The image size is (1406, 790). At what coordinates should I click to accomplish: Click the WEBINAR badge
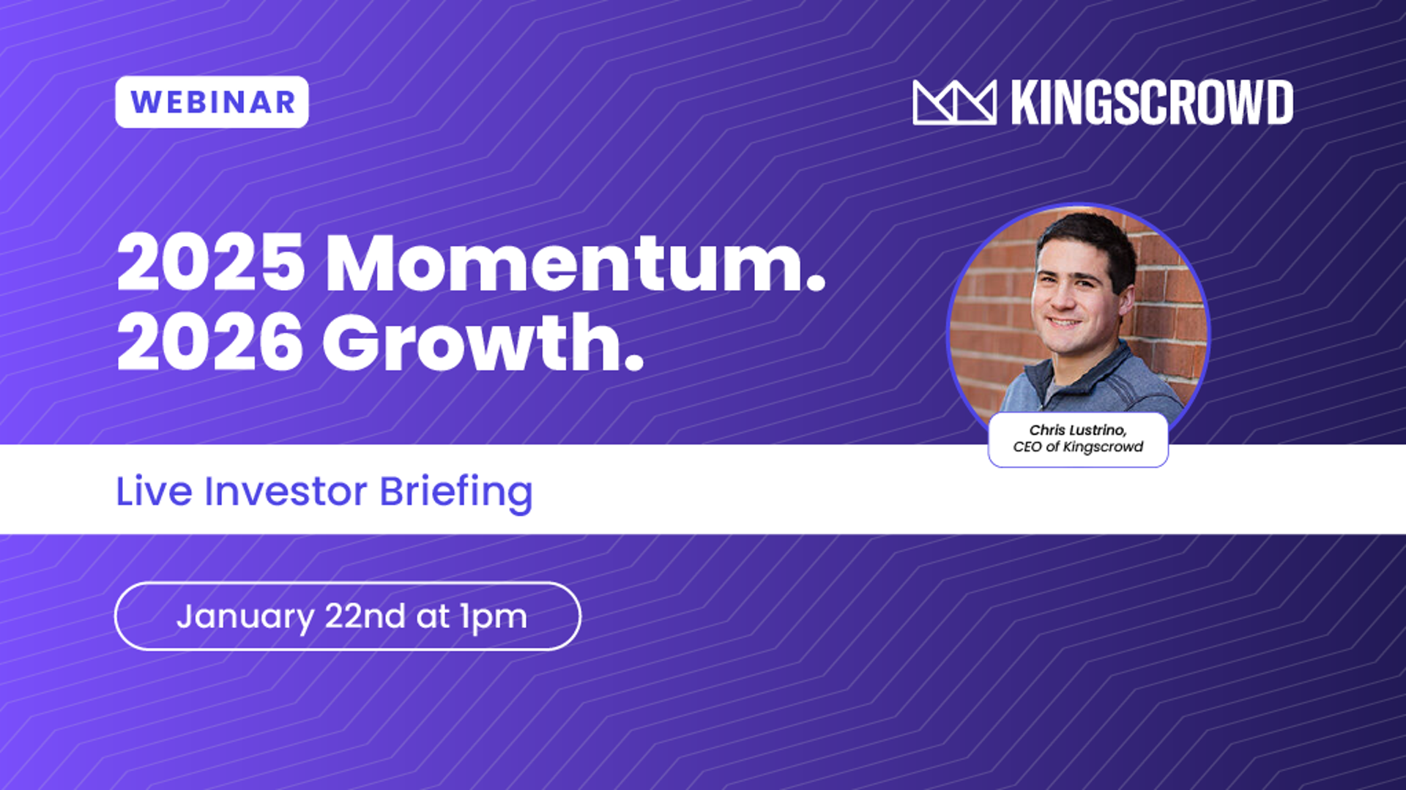pos(212,102)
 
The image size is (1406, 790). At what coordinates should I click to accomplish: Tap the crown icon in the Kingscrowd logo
pos(954,103)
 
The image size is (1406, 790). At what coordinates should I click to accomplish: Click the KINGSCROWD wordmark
pos(1152,103)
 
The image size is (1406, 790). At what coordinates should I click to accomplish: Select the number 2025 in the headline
pos(211,263)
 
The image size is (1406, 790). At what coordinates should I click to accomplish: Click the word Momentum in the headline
pos(565,263)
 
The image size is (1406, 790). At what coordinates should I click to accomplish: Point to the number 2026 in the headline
pos(210,342)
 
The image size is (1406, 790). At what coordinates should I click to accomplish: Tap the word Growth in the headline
pos(472,342)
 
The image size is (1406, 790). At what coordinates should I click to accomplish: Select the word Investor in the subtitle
pos(286,491)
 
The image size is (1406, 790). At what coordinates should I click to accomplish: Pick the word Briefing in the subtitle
pos(456,493)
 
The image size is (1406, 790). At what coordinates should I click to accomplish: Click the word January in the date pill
pos(245,617)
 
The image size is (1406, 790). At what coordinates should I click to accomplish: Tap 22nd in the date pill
pos(365,616)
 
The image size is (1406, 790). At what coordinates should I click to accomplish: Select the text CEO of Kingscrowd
pos(1078,447)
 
